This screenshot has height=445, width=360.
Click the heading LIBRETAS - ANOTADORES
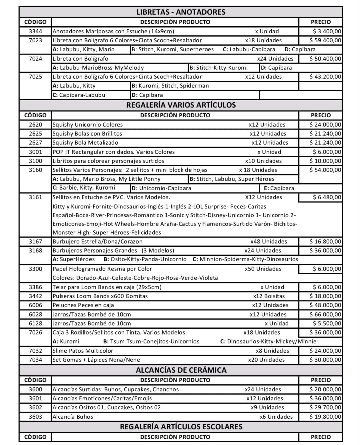point(181,12)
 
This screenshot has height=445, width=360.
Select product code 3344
point(35,31)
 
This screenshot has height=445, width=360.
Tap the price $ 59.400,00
point(325,40)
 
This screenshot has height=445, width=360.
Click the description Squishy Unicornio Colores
point(88,125)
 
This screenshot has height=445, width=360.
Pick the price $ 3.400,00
point(327,31)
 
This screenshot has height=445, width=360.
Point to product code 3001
point(35,152)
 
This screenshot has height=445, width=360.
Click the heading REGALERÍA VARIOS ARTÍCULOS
point(181,105)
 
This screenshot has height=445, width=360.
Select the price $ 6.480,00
point(327,197)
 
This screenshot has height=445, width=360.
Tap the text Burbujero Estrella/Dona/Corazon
point(97,241)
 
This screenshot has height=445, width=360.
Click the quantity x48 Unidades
point(269,241)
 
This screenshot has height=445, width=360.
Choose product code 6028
point(35,314)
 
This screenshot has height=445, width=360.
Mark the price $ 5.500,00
point(327,323)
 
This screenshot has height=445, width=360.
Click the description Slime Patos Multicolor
point(83,351)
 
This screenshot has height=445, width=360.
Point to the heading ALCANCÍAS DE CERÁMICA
point(181,370)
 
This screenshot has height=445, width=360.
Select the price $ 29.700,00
point(325,407)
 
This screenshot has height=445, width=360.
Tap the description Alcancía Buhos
point(73,417)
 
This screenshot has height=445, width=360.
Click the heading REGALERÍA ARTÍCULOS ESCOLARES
point(181,427)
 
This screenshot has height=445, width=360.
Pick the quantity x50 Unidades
point(263,269)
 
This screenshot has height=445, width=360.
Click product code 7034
point(35,360)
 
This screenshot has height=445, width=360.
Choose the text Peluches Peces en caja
point(83,305)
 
